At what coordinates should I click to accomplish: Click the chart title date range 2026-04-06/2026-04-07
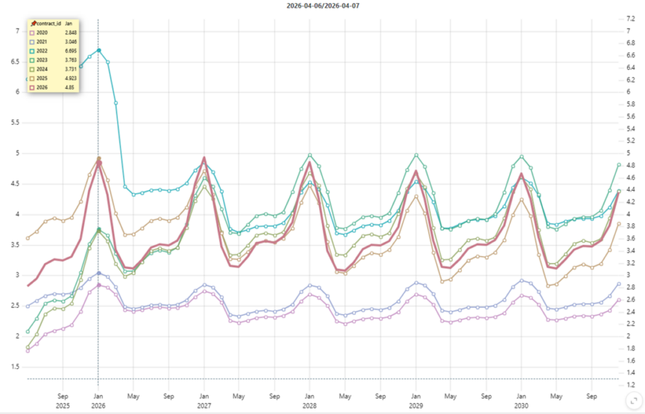coord(322,6)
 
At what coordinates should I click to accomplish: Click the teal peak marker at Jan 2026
coord(99,50)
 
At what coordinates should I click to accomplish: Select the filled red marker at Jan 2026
coord(99,163)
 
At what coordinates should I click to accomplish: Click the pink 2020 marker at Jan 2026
coord(99,285)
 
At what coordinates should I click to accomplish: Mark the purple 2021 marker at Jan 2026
coord(99,273)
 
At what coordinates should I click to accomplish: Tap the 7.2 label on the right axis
coord(627,19)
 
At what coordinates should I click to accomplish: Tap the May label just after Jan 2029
coord(450,396)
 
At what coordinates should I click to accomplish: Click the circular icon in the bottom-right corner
coord(631,400)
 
